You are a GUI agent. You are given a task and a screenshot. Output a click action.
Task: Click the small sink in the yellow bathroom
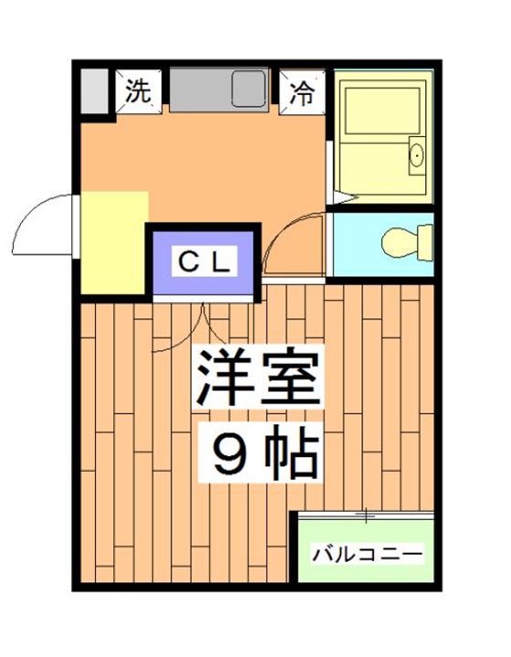tap(416, 155)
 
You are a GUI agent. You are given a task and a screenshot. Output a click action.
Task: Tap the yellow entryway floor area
tap(112, 242)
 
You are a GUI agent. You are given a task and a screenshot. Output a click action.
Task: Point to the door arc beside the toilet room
tap(290, 239)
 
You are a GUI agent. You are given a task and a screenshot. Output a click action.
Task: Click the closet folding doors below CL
tap(203, 319)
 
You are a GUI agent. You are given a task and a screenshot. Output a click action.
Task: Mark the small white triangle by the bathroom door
tap(339, 195)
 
